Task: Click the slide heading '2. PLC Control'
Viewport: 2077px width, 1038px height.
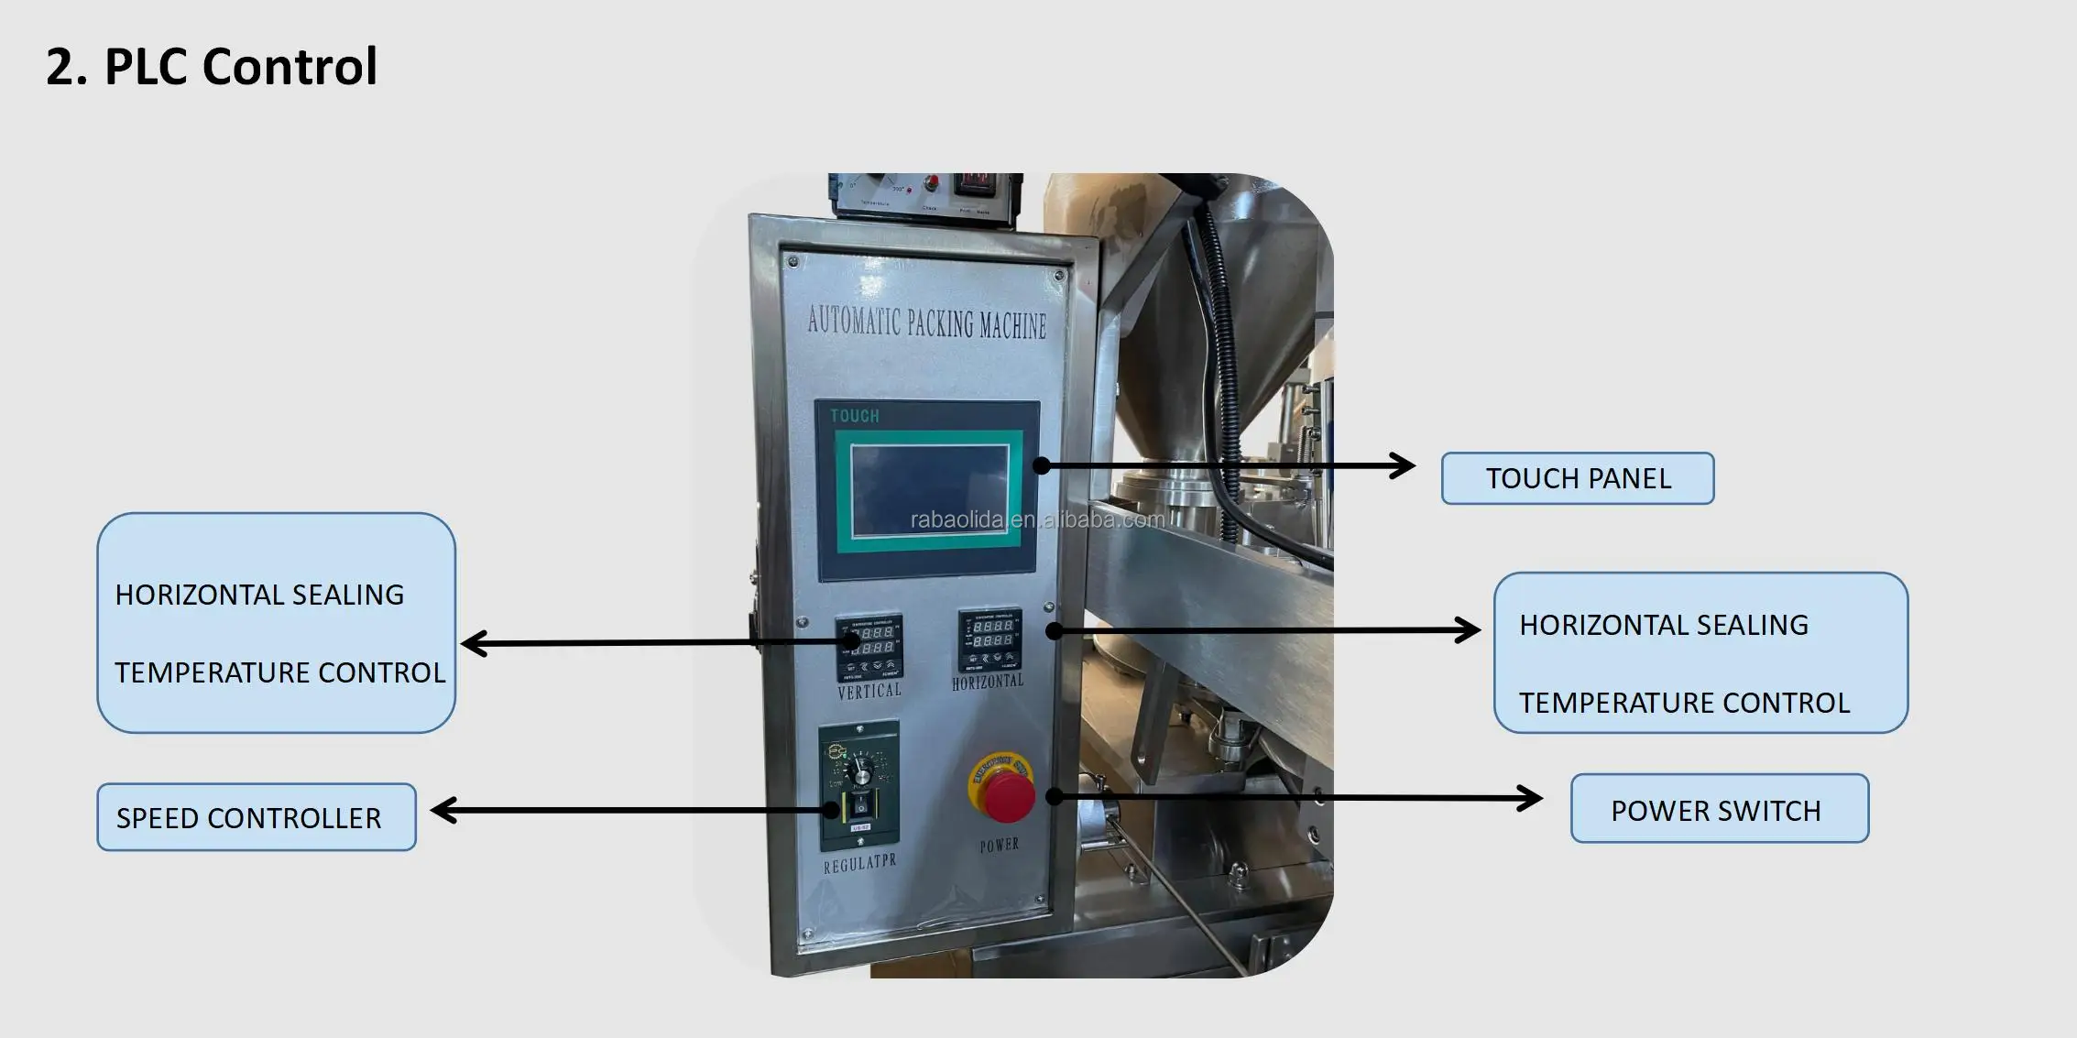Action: [212, 67]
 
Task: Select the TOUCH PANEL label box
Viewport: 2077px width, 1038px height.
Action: [1577, 478]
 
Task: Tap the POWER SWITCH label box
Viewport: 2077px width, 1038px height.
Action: [1719, 809]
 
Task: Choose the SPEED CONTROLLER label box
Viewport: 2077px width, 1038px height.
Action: [257, 817]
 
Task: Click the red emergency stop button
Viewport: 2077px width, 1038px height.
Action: [1005, 792]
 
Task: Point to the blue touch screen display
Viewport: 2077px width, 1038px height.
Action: [929, 490]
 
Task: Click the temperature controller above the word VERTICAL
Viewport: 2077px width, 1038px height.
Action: [869, 646]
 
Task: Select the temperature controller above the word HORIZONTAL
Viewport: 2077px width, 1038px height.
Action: [989, 639]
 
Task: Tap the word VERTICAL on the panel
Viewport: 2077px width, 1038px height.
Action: [869, 692]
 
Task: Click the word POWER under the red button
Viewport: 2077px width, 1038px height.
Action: [999, 845]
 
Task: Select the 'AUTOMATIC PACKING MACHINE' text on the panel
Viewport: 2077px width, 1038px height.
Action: [926, 322]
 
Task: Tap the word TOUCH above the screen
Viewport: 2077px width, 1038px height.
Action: [854, 417]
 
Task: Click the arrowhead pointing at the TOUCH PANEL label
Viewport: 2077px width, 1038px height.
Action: [1404, 465]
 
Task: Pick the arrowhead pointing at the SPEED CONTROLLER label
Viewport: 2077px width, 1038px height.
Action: [444, 810]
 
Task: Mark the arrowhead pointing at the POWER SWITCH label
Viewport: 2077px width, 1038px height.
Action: [1530, 798]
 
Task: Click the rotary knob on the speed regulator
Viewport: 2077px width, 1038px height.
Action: [861, 770]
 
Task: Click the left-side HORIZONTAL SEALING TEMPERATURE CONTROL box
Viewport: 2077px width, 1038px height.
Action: [276, 623]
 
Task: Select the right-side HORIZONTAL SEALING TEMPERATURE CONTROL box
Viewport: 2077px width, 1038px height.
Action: [1700, 653]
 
